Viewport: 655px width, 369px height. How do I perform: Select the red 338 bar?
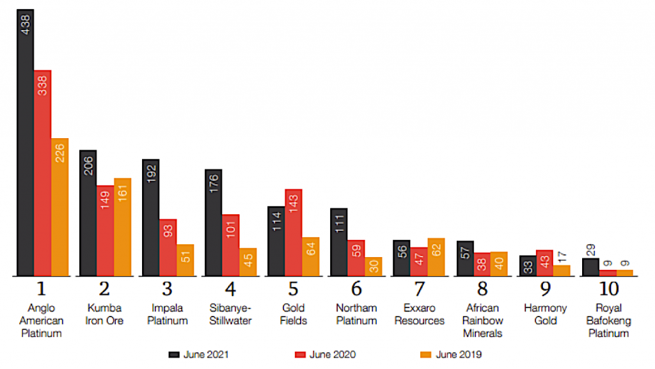pyautogui.click(x=43, y=173)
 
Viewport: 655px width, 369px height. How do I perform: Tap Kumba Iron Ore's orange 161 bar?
pyautogui.click(x=122, y=227)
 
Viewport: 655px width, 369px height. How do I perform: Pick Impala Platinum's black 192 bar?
pyautogui.click(x=151, y=217)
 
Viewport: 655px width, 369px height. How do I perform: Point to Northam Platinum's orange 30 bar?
pyautogui.click(x=374, y=267)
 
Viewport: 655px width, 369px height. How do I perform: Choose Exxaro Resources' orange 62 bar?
pyautogui.click(x=436, y=257)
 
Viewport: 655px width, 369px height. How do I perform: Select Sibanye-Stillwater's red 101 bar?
pyautogui.click(x=231, y=245)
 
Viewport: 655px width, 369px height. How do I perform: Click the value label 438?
pyautogui.click(x=26, y=25)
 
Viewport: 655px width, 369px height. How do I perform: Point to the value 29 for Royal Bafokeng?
pyautogui.click(x=590, y=250)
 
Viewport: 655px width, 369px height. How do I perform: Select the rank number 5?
pyautogui.click(x=294, y=288)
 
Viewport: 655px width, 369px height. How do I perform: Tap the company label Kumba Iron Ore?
pyautogui.click(x=105, y=314)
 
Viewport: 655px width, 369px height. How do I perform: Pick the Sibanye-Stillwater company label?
pyautogui.click(x=231, y=314)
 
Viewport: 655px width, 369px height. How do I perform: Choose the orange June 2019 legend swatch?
pyautogui.click(x=423, y=354)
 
